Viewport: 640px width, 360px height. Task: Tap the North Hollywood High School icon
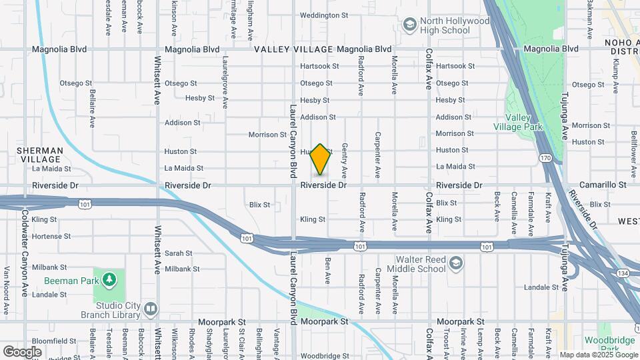coord(409,25)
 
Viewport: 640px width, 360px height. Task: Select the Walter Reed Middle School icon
coord(456,263)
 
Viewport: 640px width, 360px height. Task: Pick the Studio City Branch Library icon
coord(151,309)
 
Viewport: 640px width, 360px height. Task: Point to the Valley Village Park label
coord(517,121)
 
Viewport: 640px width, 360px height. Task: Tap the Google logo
coord(22,351)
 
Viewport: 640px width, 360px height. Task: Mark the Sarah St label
coord(178,253)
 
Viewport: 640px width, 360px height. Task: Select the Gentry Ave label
coord(345,160)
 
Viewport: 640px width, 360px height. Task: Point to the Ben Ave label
coord(328,271)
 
